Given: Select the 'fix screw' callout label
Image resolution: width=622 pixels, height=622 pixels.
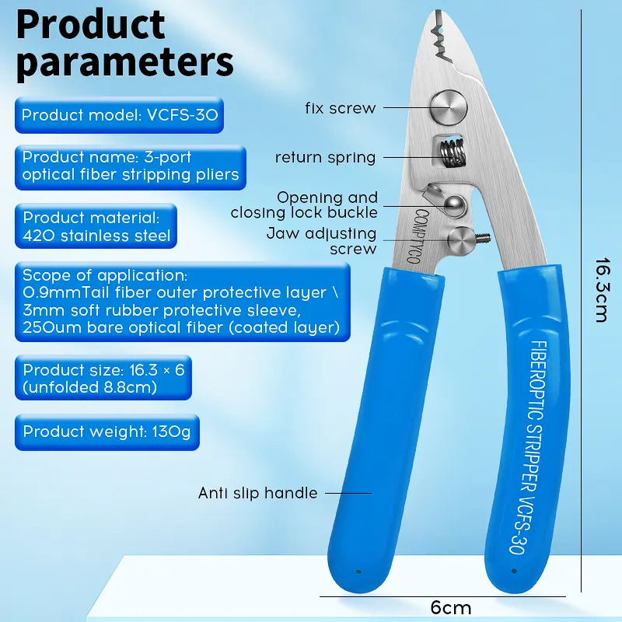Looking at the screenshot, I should [340, 109].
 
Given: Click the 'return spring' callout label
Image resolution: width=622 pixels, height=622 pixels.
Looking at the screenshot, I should [325, 158].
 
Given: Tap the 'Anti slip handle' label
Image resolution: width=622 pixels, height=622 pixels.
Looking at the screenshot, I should [257, 493].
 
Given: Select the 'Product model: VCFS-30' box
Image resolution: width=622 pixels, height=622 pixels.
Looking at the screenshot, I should [120, 116].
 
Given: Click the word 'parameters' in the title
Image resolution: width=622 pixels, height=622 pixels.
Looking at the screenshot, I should [124, 62].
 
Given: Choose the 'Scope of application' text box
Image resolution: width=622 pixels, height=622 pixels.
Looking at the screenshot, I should [181, 302].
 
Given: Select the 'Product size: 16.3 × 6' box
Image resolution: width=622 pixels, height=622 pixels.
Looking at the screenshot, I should [103, 379].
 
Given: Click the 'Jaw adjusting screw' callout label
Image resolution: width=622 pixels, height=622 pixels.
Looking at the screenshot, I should [322, 241].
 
